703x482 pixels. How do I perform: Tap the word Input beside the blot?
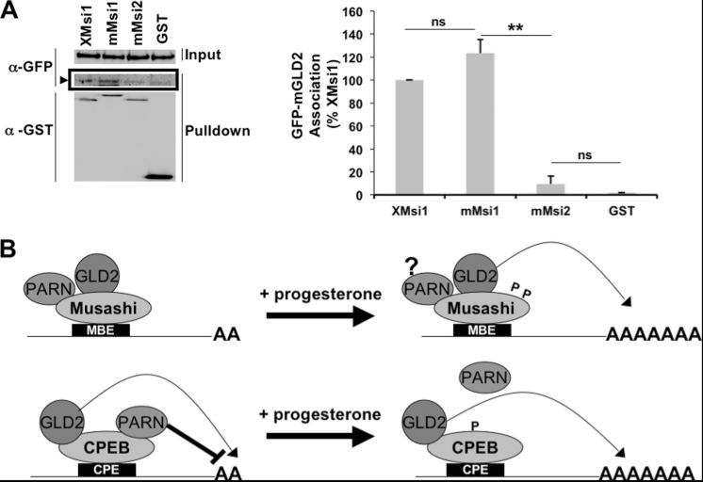click(x=227, y=55)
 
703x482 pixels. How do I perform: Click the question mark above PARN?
click(x=411, y=266)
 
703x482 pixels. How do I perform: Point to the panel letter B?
click(x=12, y=252)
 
